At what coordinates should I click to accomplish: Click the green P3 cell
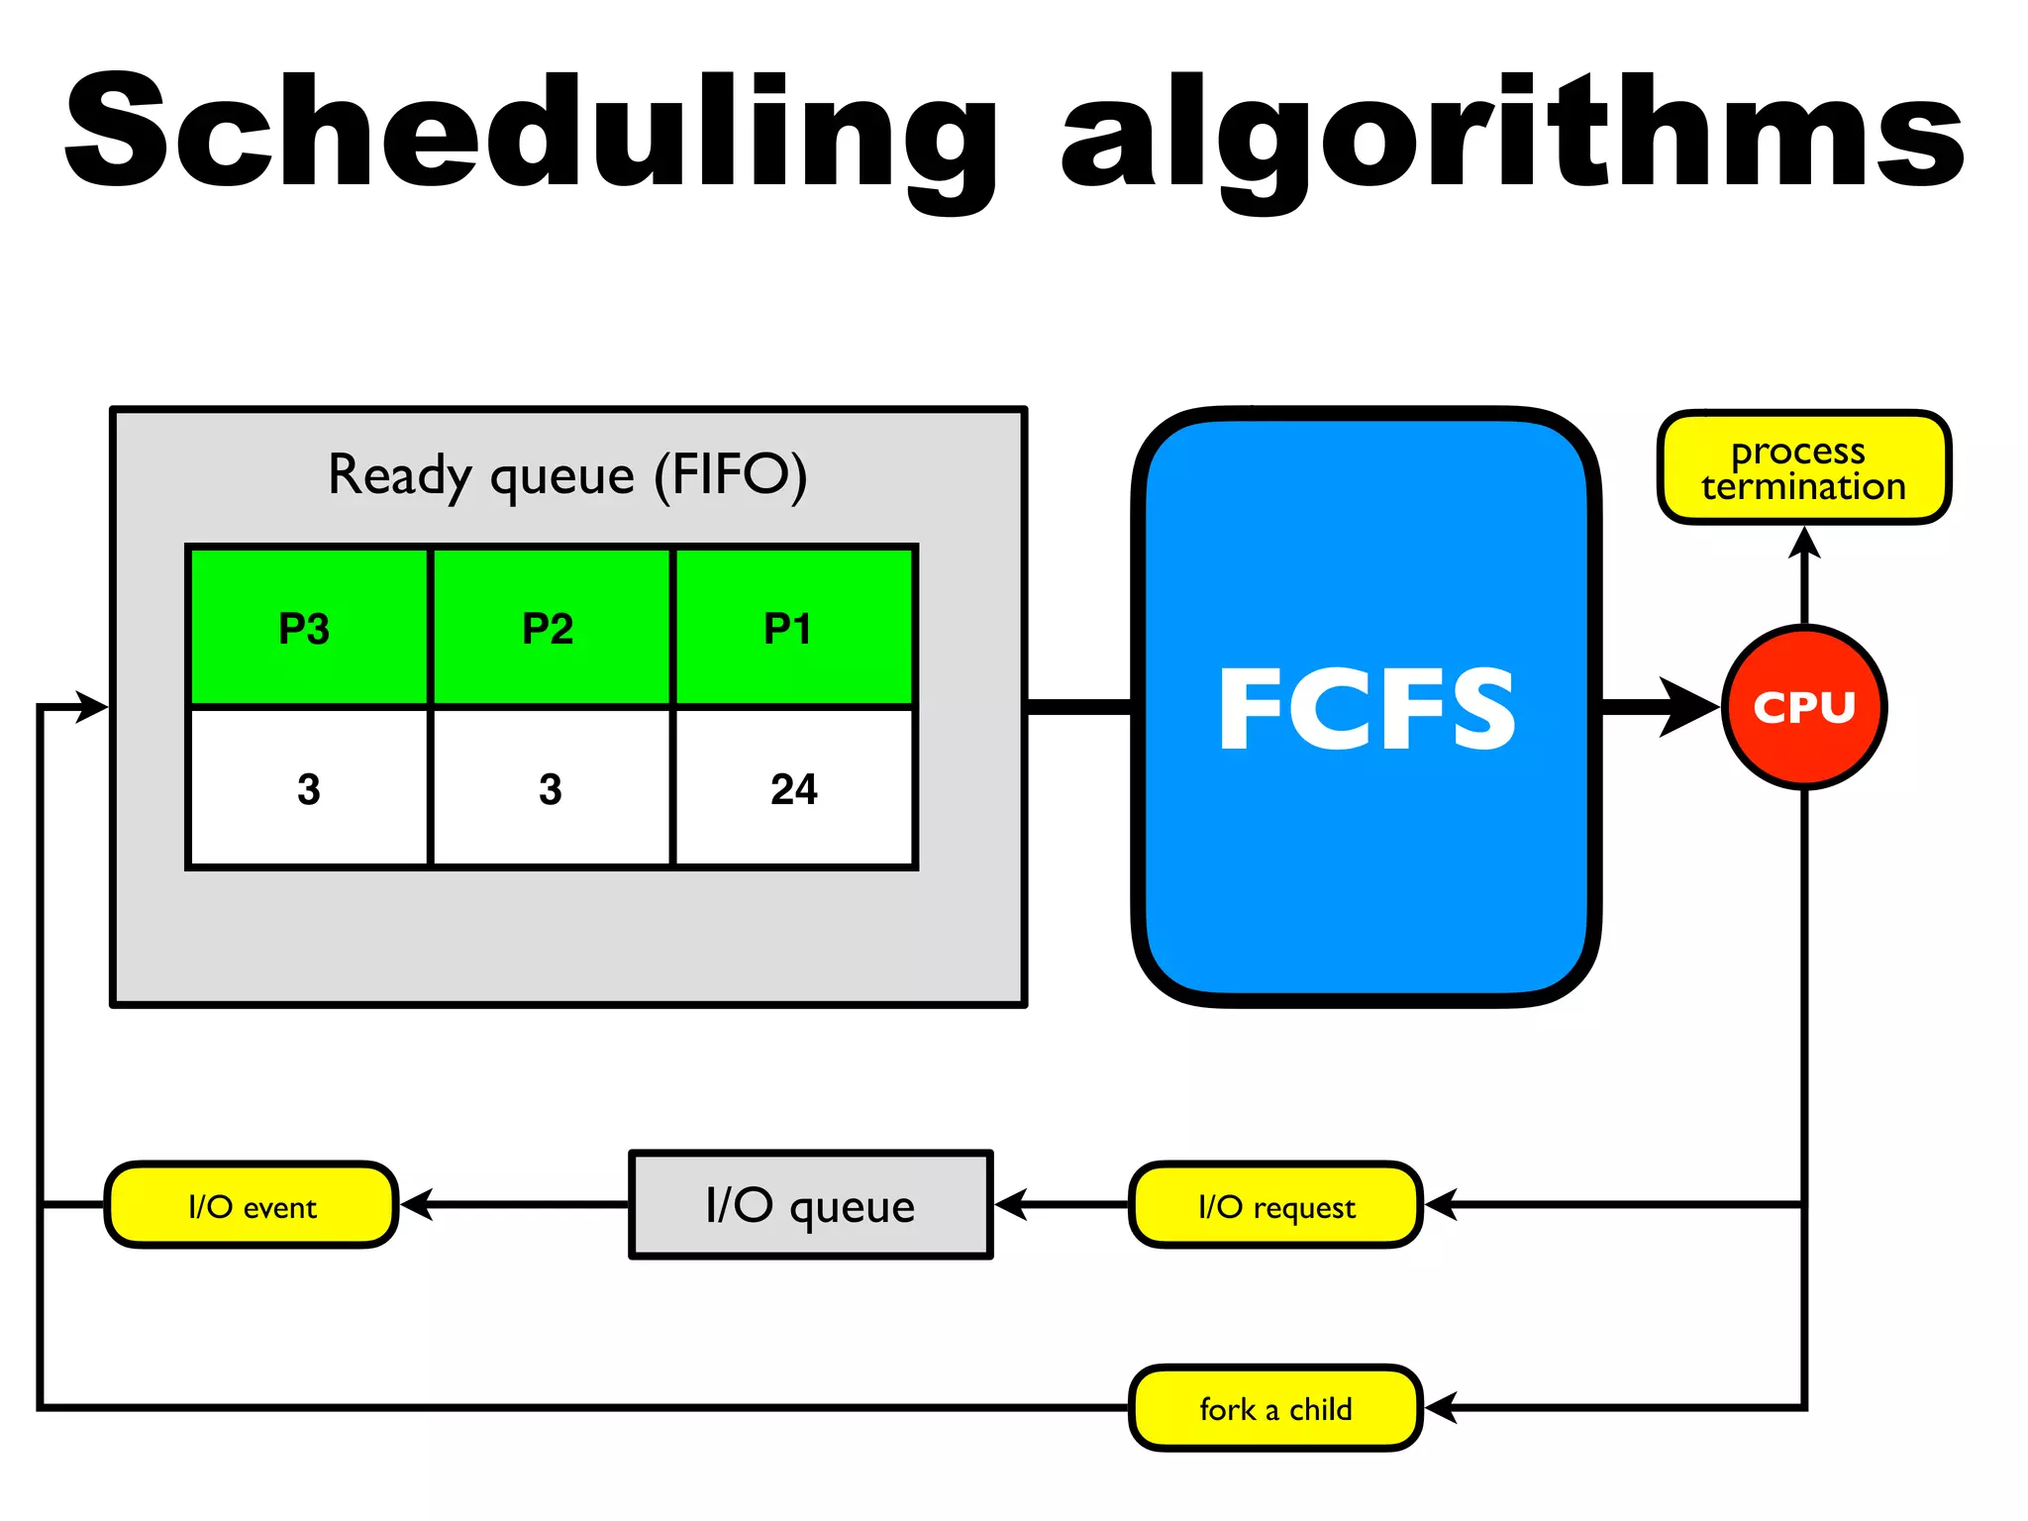pos(308,627)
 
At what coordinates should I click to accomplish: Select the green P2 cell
pos(551,627)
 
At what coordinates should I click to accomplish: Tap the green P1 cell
pos(793,627)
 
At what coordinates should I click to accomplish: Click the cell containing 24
pos(793,788)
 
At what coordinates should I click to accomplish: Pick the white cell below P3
pos(308,788)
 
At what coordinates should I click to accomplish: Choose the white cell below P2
pos(551,788)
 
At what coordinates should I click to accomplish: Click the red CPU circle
pos(1804,707)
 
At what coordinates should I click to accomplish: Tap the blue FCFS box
pos(1367,707)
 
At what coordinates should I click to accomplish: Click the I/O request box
pos(1276,1205)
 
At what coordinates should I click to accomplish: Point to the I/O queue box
pos(810,1205)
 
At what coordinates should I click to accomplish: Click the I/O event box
pos(252,1205)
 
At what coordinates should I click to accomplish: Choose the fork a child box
pos(1276,1407)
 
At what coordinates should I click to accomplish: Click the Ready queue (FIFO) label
pos(567,474)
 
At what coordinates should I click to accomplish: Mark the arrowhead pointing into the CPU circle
pos(1691,707)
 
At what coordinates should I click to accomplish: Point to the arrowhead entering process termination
pos(1804,543)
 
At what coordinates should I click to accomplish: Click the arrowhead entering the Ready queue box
pos(92,707)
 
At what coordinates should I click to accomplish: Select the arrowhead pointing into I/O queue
pos(1010,1205)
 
